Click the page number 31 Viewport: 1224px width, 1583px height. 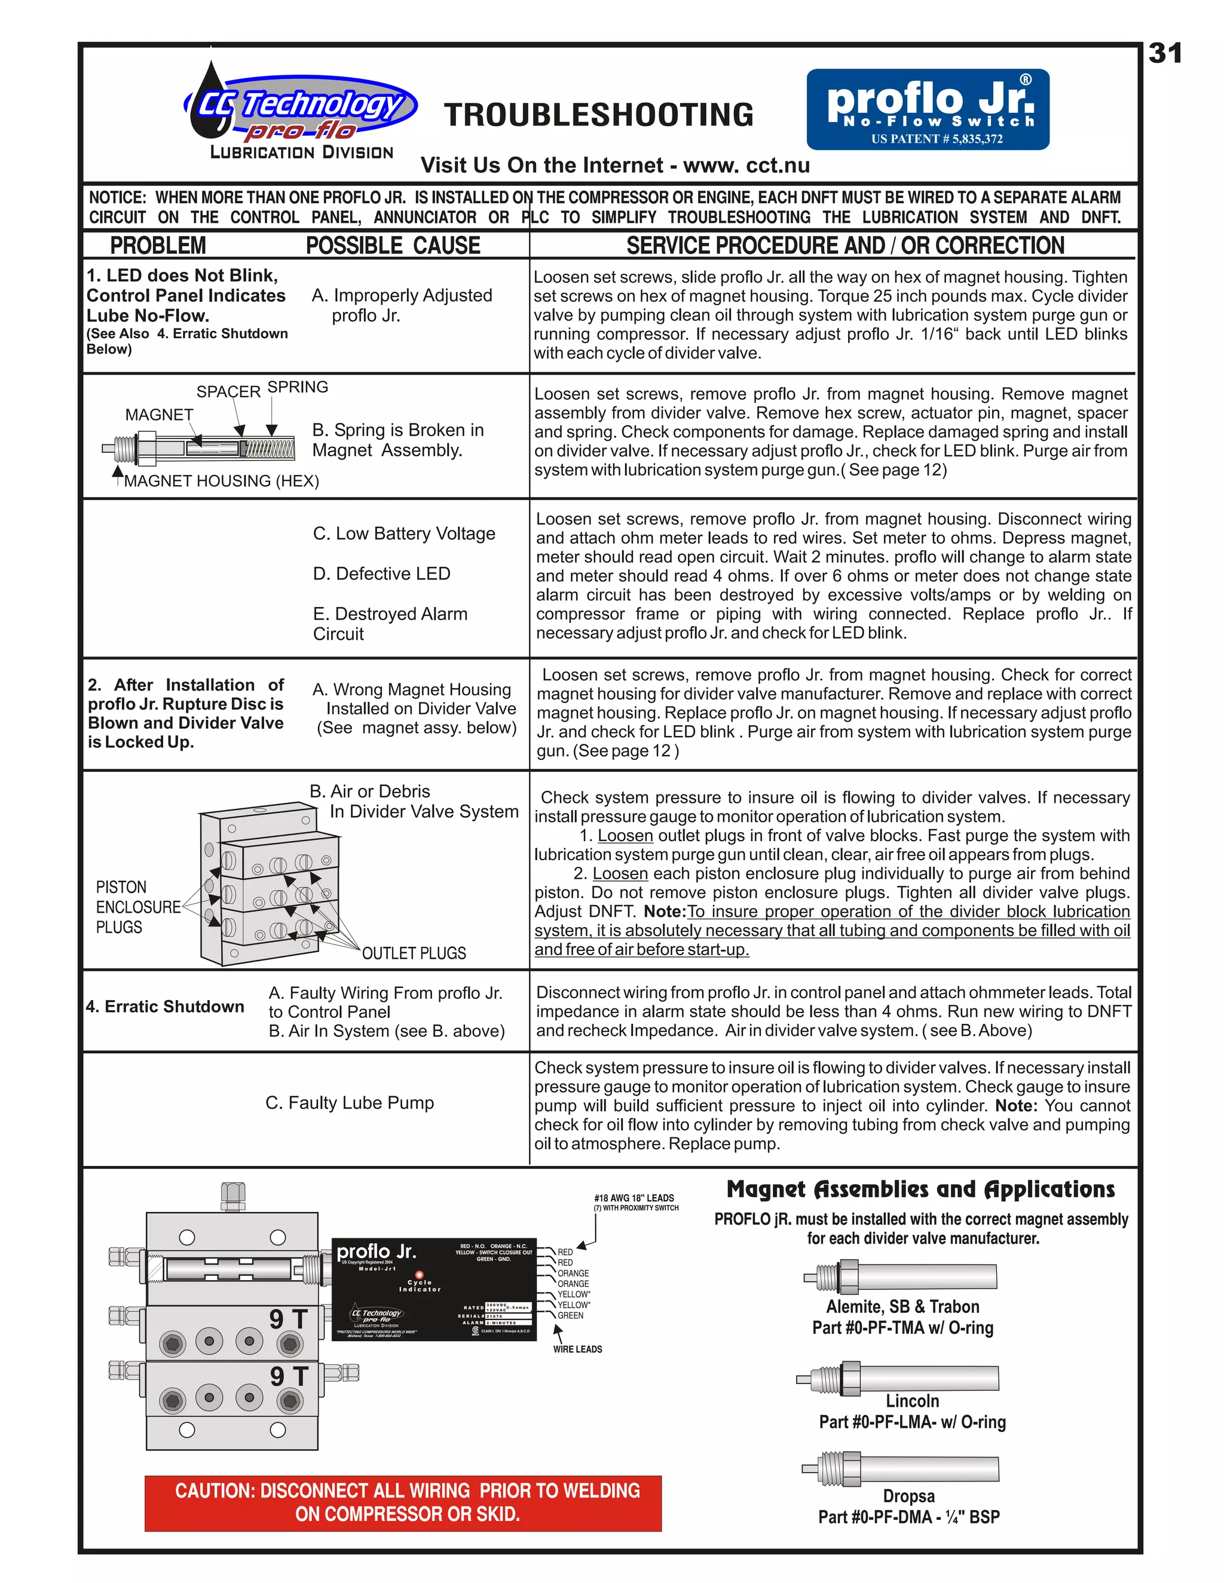point(1165,54)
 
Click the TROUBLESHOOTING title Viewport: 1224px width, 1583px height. point(599,115)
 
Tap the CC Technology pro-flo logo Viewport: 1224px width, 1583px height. point(300,109)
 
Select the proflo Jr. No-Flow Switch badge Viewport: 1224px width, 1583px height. point(928,109)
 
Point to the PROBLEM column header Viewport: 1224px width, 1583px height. point(158,246)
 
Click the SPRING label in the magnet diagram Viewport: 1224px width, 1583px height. point(297,387)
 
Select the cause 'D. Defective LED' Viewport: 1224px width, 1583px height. point(381,573)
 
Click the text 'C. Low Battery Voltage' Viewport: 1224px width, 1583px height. point(404,533)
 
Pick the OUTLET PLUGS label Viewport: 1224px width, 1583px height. point(414,953)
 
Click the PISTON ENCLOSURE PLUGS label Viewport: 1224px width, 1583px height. point(138,907)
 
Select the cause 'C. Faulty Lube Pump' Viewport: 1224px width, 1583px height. point(350,1103)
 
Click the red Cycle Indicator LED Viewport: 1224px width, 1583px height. point(419,1274)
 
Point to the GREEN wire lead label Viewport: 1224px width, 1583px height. point(570,1315)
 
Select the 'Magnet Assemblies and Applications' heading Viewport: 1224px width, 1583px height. point(920,1189)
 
